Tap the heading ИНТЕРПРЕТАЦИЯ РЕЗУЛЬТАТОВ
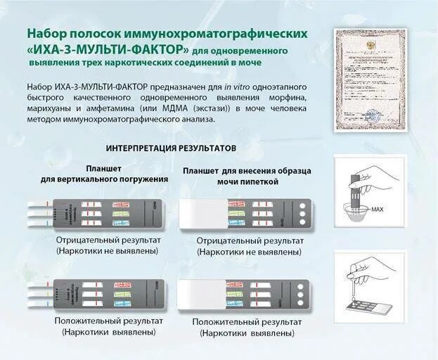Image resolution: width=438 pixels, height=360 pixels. [171, 148]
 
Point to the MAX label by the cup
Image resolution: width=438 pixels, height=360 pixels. [378, 210]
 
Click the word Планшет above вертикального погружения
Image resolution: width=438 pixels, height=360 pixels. [103, 169]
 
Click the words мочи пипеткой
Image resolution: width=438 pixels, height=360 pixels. [230, 181]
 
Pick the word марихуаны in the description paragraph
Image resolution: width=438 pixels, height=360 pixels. [53, 108]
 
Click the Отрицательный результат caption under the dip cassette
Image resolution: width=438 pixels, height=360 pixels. [108, 240]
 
